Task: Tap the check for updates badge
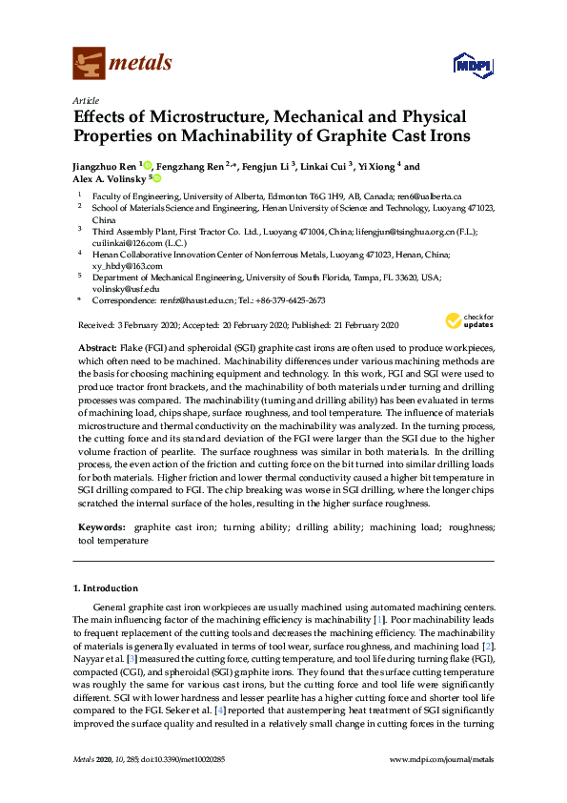tap(468, 320)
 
